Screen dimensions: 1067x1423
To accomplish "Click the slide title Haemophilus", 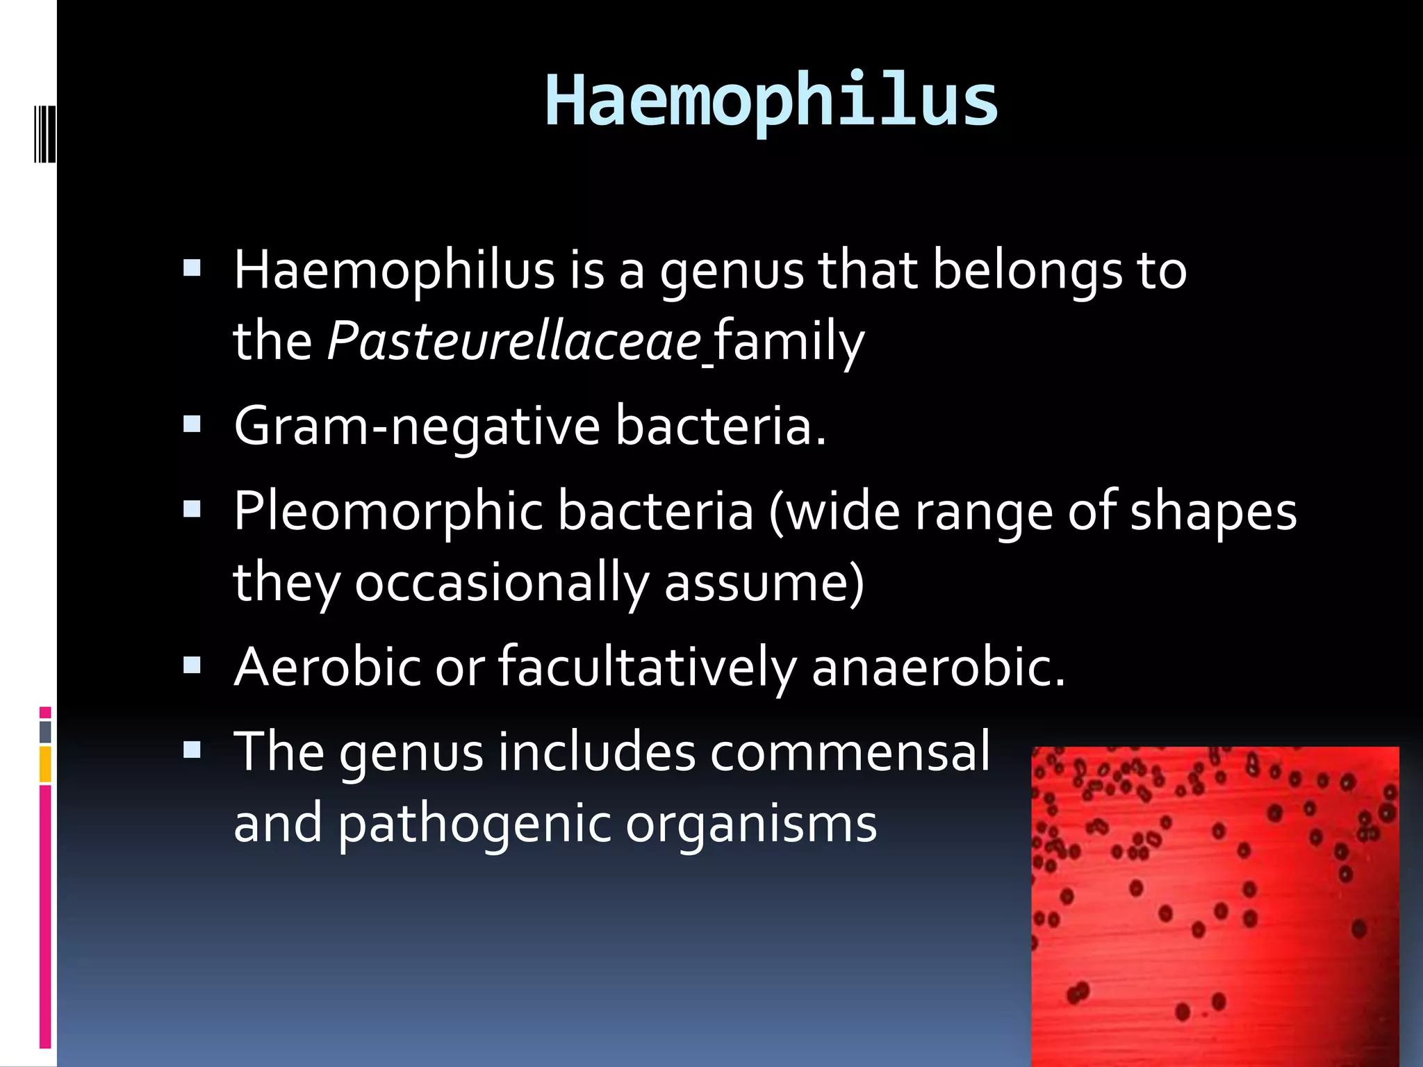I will tap(771, 101).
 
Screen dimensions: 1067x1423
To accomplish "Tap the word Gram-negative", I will tap(417, 426).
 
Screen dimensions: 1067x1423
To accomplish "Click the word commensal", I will tap(849, 752).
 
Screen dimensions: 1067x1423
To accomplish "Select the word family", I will tap(789, 341).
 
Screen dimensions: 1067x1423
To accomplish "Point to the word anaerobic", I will tap(938, 667).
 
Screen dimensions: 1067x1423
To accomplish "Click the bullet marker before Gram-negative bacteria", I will tap(192, 424).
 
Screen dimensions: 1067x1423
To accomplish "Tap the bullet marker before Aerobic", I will tap(192, 665).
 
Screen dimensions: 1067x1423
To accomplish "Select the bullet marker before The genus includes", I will tap(192, 750).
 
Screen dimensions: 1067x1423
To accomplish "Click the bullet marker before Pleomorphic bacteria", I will tap(192, 510).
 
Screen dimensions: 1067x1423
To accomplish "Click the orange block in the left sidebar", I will tap(45, 764).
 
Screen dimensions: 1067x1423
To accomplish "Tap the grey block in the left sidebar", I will tap(45, 731).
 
